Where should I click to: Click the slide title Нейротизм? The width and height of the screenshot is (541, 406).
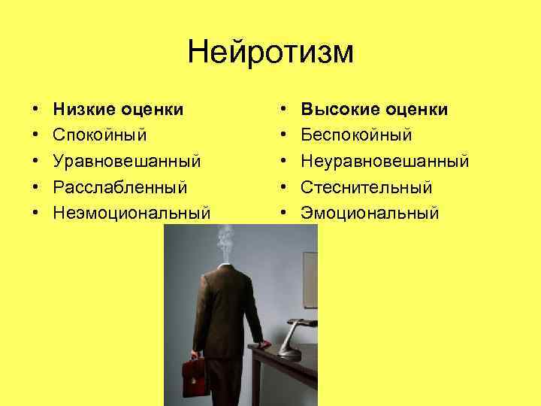(270, 53)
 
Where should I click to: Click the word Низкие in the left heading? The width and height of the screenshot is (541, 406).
(82, 111)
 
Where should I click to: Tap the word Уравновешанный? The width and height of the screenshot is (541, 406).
(127, 162)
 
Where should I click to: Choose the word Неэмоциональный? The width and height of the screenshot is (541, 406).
(131, 213)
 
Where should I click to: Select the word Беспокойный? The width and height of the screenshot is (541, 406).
(357, 136)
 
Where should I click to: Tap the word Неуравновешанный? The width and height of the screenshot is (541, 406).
(385, 162)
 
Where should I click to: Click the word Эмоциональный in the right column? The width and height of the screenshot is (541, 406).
(369, 213)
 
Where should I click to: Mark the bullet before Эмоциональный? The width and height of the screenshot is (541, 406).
(283, 213)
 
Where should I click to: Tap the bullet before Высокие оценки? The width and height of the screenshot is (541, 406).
(283, 111)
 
